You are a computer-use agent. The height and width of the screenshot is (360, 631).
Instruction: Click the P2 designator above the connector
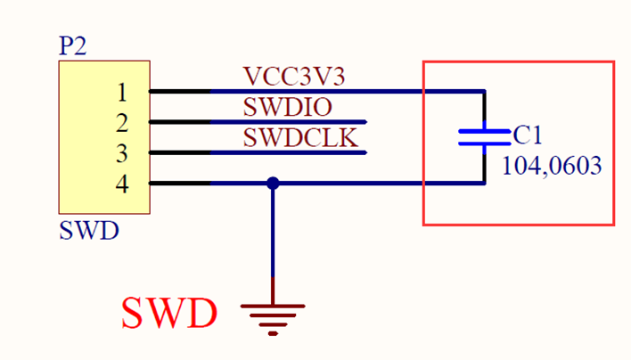click(x=72, y=45)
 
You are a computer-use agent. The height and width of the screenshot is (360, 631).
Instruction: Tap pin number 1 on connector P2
click(x=122, y=92)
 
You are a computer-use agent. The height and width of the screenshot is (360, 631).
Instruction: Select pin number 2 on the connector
click(x=122, y=123)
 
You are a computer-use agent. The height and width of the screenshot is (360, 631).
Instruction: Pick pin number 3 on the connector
click(x=122, y=153)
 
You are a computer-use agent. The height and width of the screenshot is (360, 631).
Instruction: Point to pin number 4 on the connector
click(x=122, y=184)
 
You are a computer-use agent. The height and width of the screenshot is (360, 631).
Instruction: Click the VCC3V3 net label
click(x=294, y=76)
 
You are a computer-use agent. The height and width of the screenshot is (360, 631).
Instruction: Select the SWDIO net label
click(x=288, y=107)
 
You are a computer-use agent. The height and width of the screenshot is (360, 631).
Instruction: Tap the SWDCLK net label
click(x=300, y=137)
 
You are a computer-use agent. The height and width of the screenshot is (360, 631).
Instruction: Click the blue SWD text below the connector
click(x=89, y=231)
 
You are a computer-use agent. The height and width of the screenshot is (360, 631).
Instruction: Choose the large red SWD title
click(x=169, y=313)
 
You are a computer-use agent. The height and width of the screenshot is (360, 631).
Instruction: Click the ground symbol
click(x=273, y=320)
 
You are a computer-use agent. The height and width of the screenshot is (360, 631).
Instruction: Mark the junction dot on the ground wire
click(x=273, y=184)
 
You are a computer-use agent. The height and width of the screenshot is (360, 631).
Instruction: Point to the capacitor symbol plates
click(x=485, y=137)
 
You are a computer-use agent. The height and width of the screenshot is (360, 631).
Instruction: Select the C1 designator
click(x=528, y=135)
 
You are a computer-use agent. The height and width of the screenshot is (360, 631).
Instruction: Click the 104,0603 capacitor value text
click(x=552, y=166)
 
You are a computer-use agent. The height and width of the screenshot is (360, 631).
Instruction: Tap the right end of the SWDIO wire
click(x=366, y=122)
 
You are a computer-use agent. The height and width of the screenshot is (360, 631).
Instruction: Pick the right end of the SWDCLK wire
click(x=366, y=152)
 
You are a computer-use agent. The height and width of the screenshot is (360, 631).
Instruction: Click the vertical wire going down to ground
click(x=273, y=244)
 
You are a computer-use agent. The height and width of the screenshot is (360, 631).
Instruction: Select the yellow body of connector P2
click(x=104, y=137)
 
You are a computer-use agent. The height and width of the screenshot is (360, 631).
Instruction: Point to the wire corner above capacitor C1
click(x=485, y=92)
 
